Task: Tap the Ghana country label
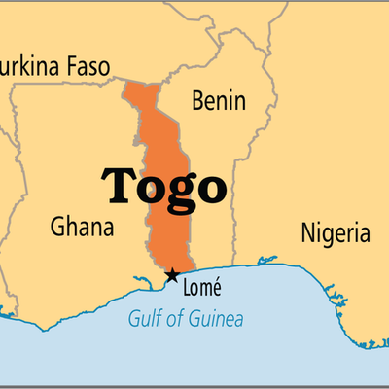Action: [x=82, y=228]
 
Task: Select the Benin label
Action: [x=219, y=101]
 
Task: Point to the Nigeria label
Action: [x=334, y=233]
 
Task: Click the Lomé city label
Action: [x=202, y=286]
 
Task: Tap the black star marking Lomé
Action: [x=172, y=275]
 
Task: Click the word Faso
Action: [x=88, y=67]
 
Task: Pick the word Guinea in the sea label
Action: [x=217, y=319]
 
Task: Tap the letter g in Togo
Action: [x=181, y=190]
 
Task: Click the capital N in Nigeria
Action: [x=305, y=233]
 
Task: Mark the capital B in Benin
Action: [x=198, y=101]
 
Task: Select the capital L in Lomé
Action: [x=188, y=286]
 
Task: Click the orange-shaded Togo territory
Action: [x=165, y=233]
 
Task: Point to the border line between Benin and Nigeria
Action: [x=233, y=194]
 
